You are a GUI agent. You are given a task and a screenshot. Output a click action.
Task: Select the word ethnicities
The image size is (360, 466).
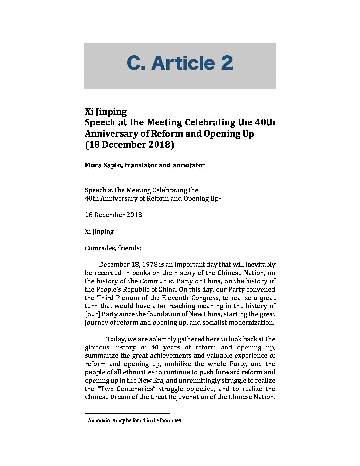pyautogui.click(x=131, y=372)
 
